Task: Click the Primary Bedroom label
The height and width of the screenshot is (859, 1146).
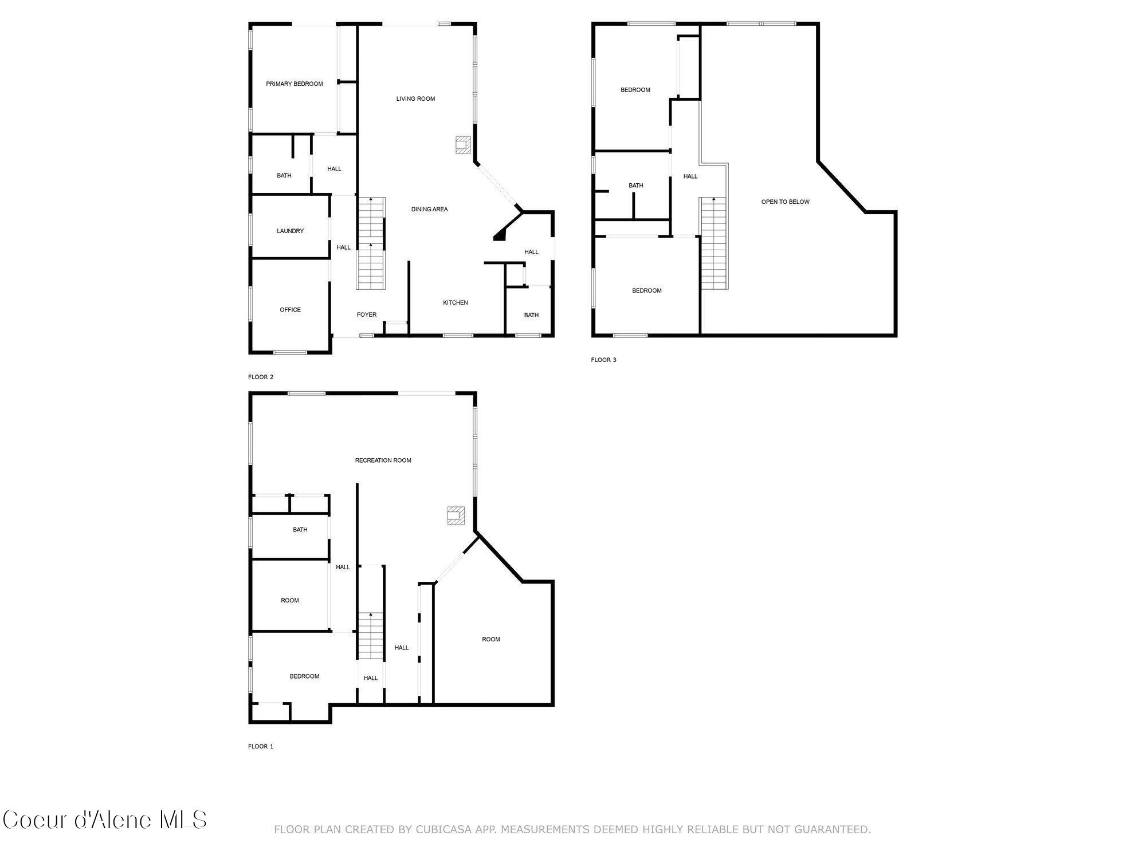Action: click(x=295, y=84)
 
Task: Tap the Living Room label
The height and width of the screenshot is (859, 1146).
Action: click(x=415, y=99)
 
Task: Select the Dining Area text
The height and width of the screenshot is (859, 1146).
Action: click(x=429, y=210)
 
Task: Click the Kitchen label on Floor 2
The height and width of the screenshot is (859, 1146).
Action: click(x=456, y=303)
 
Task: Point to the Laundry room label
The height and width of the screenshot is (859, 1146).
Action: click(x=290, y=231)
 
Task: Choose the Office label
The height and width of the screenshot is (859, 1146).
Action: click(x=290, y=310)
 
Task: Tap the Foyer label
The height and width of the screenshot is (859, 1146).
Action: click(x=367, y=315)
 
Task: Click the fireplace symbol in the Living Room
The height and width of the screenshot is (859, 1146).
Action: click(x=463, y=145)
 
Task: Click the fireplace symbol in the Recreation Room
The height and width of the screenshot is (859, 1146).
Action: click(x=456, y=515)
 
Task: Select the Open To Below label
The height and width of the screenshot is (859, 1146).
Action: click(x=785, y=202)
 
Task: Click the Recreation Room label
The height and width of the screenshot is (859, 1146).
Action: click(x=383, y=460)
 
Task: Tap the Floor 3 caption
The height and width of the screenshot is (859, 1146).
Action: click(x=603, y=360)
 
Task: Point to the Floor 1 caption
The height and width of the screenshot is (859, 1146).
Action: click(x=261, y=747)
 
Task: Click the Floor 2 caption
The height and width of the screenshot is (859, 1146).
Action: click(x=261, y=377)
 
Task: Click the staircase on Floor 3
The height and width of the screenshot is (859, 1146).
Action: click(x=713, y=243)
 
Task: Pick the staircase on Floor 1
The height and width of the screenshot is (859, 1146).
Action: click(x=371, y=636)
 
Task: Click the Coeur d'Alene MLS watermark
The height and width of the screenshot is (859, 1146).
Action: click(x=105, y=820)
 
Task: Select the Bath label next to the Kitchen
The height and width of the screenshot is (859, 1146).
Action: click(x=531, y=316)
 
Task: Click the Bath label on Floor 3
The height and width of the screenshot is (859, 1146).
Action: click(x=635, y=186)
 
